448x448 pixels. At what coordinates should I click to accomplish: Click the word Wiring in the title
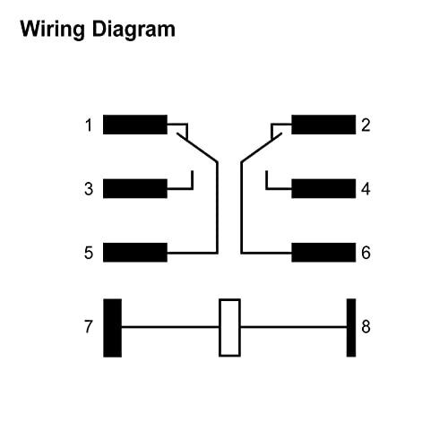tap(53, 30)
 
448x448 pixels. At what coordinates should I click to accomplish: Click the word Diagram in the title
tap(134, 30)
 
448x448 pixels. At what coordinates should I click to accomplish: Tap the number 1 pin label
tap(89, 125)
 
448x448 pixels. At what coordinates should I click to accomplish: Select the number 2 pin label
tap(366, 125)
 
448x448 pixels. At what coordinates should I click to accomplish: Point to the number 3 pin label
tap(89, 189)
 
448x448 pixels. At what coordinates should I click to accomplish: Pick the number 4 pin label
tap(366, 189)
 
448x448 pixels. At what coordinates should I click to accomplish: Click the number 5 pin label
tap(89, 253)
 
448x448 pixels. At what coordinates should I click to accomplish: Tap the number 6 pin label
tap(366, 253)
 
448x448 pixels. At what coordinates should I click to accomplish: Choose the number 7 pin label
tap(89, 326)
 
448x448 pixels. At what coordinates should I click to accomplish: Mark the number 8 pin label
tap(366, 326)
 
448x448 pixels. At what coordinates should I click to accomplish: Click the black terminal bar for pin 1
tap(135, 125)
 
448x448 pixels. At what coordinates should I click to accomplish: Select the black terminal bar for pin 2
tap(323, 125)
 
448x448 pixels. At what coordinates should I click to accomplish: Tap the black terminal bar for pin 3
tap(135, 188)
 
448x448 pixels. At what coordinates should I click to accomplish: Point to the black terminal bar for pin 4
tap(323, 188)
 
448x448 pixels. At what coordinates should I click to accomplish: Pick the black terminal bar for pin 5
tap(135, 253)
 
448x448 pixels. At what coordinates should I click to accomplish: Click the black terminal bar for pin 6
tap(323, 253)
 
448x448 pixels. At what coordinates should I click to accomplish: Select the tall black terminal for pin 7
tap(112, 328)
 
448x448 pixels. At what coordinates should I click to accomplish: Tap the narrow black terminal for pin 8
tap(351, 328)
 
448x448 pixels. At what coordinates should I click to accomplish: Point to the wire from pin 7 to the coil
tap(170, 327)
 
